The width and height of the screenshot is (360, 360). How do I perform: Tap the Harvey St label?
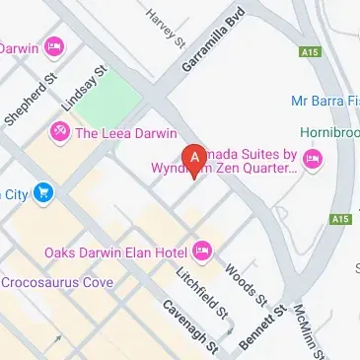pos(165,29)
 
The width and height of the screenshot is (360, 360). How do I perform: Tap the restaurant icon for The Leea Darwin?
pos(59,132)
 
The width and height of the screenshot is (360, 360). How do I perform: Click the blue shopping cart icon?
pos(41,192)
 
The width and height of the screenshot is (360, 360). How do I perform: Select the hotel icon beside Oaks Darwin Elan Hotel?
pos(202,252)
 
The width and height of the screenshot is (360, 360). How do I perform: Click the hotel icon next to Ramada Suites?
pos(313,159)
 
